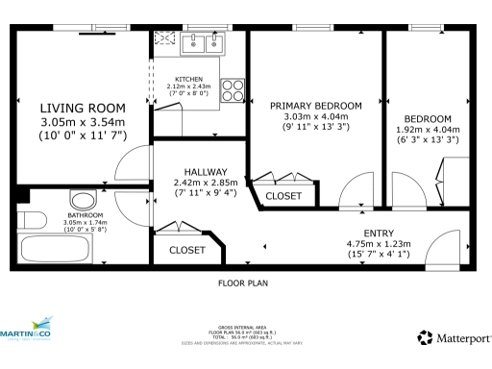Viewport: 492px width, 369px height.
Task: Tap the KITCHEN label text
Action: [x=187, y=79]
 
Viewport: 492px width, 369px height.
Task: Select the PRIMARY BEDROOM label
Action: [x=315, y=105]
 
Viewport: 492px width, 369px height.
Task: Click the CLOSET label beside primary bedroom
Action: [x=283, y=196]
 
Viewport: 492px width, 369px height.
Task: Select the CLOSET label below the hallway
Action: [x=186, y=250]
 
